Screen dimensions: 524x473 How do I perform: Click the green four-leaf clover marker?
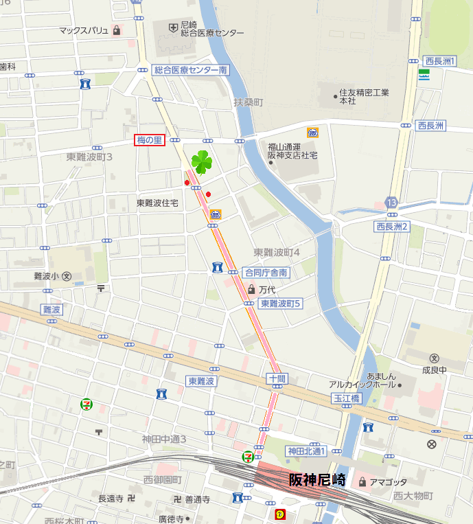point(201,162)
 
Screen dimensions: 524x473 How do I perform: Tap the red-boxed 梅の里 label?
point(149,140)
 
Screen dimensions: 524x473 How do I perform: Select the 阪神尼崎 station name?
point(316,480)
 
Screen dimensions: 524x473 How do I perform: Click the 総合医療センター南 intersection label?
point(190,70)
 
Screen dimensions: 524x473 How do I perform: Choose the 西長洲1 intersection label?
point(439,61)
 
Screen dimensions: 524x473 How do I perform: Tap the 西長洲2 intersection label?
point(392,227)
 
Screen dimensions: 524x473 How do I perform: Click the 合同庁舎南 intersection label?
point(266,273)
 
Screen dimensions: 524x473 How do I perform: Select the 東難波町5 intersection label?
point(280,303)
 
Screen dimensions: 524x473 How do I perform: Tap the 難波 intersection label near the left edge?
point(51,310)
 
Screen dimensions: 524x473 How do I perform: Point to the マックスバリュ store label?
point(84,30)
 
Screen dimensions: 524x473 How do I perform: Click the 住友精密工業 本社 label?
point(364,96)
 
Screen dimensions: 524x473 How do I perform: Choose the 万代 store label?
point(266,290)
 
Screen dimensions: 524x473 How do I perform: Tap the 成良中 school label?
point(434,369)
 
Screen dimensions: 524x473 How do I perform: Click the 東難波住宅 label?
point(157,203)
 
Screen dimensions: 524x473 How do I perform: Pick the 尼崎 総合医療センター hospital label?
point(211,28)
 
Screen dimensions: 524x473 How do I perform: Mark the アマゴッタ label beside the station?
point(387,482)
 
